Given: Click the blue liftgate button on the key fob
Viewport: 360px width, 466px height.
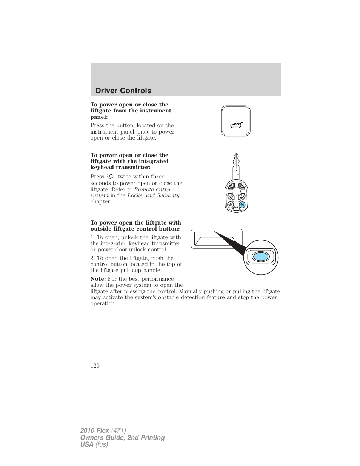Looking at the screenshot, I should pos(242,205).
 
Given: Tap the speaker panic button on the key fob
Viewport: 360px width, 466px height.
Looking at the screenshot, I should pos(230,205).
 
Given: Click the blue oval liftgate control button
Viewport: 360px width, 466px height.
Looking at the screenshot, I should pos(260,257).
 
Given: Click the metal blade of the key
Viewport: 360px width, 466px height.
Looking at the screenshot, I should pos(236,166).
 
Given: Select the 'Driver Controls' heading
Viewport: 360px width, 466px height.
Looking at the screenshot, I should pos(123,91).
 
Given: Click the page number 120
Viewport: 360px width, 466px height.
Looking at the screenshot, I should pos(95,365).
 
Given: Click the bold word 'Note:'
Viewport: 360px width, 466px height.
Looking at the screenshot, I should pos(98,279).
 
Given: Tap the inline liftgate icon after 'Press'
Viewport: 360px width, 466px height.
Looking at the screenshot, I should pos(110,176).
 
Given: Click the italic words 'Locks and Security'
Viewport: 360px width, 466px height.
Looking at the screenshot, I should pos(153,195).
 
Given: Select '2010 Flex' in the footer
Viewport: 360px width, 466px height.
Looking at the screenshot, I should pos(95,431).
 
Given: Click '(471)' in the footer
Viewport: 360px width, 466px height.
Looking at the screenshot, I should pos(118,431).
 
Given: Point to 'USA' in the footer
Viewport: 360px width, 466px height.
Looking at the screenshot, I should pos(86,444).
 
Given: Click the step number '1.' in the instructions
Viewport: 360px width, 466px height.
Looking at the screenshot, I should pos(93,237).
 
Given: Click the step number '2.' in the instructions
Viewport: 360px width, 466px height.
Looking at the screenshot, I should pos(93,258).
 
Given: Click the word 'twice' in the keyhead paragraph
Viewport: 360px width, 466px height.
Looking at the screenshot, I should pos(124,177).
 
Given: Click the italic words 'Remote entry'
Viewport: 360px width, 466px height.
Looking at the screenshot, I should pos(152,189).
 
